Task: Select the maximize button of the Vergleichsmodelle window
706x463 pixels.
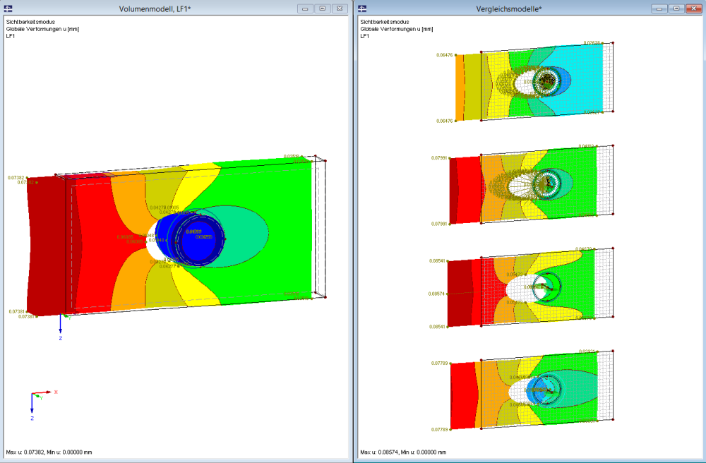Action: coord(676,8)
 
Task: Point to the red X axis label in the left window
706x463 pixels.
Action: coord(56,391)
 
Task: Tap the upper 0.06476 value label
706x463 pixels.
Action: coord(445,54)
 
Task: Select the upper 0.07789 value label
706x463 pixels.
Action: coord(440,363)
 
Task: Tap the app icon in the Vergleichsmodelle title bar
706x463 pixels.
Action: coord(362,8)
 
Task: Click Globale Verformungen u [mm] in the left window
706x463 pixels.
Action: coord(42,29)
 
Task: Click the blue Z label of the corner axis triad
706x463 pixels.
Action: coord(32,419)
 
